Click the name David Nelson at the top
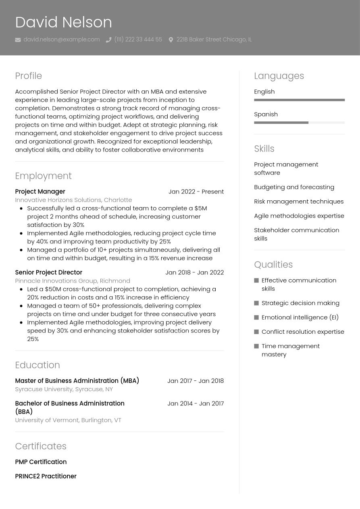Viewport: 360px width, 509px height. click(x=63, y=22)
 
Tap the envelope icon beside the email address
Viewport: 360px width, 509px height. click(x=18, y=39)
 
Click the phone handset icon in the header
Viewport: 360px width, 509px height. click(x=108, y=39)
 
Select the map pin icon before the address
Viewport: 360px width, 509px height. click(x=171, y=39)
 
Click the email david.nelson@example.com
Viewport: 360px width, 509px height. click(x=61, y=39)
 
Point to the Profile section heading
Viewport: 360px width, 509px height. click(x=28, y=76)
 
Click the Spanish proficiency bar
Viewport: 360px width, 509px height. click(x=299, y=123)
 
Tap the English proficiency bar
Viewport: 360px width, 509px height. click(x=299, y=100)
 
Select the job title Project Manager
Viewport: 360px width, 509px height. click(x=40, y=191)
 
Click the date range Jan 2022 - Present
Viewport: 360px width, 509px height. click(x=196, y=191)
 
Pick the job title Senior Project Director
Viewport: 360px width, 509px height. click(x=48, y=272)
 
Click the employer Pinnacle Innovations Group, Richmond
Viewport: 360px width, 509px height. click(x=73, y=280)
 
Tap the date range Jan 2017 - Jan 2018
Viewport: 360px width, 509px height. click(x=196, y=380)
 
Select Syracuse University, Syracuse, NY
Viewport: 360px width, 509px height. click(x=64, y=389)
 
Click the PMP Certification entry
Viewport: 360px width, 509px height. click(x=41, y=462)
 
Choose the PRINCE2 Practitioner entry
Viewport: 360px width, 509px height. click(x=46, y=476)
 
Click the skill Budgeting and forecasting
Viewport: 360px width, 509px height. click(x=294, y=187)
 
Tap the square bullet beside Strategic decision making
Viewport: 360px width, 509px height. click(x=256, y=303)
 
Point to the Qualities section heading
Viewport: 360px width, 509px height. click(x=273, y=264)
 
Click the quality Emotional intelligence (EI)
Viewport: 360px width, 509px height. click(x=300, y=317)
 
